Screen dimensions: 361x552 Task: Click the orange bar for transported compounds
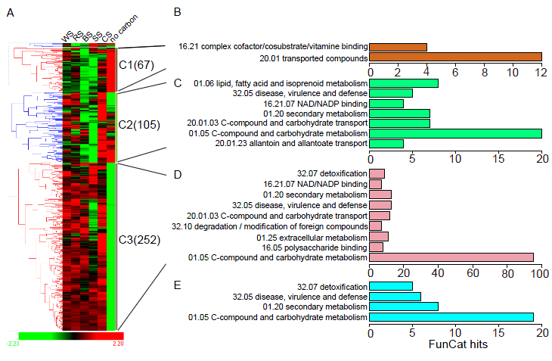pos(455,58)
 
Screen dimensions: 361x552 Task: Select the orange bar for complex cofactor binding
pos(398,47)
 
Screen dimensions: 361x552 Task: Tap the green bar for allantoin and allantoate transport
pos(386,143)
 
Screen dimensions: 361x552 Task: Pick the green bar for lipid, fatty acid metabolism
pos(404,82)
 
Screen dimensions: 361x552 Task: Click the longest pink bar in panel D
pos(451,257)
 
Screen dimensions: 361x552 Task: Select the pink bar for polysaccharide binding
pos(377,247)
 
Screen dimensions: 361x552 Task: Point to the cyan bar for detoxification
pos(391,286)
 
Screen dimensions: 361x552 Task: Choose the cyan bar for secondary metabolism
pos(404,307)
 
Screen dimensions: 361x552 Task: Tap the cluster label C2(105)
pos(139,124)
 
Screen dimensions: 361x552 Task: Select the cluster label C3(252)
pos(140,240)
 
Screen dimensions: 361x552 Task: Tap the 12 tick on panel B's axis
pos(541,73)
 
